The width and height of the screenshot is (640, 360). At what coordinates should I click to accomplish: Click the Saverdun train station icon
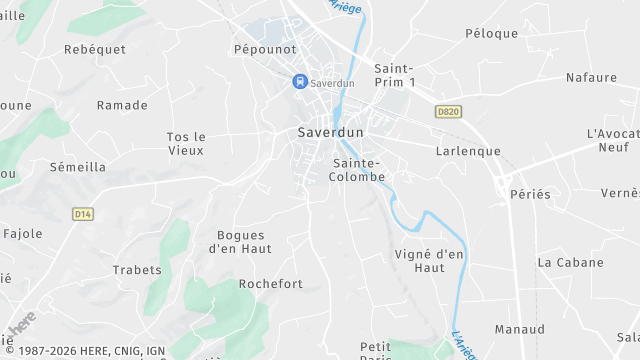298,82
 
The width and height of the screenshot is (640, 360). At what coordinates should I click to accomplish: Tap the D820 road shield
446,112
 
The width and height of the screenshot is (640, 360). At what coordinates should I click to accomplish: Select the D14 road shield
82,214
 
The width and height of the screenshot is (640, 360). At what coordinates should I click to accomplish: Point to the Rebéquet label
94,49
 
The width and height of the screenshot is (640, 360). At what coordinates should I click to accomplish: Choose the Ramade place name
122,105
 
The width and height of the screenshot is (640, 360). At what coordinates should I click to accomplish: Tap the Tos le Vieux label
185,143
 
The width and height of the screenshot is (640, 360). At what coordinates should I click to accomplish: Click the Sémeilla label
78,167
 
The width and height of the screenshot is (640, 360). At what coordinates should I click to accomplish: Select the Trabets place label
137,269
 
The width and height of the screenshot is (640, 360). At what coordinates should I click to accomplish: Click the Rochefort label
270,284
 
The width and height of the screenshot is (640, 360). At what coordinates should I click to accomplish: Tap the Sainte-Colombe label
357,169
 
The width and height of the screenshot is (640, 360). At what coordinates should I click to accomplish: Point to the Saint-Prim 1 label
394,74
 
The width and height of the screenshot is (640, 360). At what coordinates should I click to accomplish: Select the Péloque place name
492,33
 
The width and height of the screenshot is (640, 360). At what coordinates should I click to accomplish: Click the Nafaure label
591,76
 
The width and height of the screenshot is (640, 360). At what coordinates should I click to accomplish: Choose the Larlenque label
468,151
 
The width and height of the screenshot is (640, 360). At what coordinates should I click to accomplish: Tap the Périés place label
530,194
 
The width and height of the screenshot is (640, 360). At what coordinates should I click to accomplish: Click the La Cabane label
571,262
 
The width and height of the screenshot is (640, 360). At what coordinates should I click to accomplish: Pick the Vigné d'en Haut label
430,261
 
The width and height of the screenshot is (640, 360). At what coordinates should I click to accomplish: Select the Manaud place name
520,329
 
